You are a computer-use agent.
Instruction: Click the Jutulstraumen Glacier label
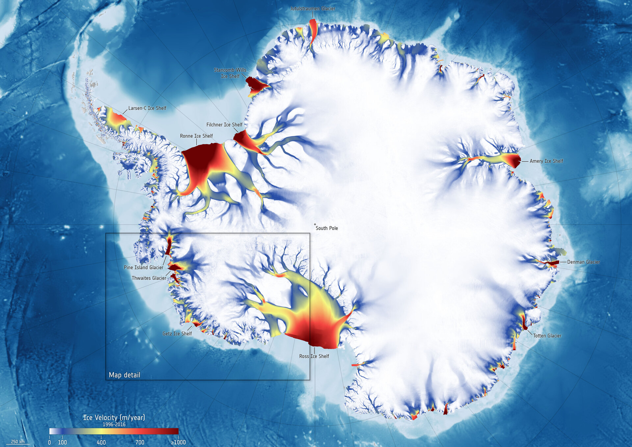tap(312, 9)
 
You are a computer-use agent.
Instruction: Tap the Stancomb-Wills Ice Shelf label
tap(230, 73)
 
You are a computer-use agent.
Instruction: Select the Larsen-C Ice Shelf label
tap(147, 108)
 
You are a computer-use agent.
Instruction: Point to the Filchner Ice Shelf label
tap(224, 125)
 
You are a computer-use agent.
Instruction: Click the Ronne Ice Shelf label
tap(196, 136)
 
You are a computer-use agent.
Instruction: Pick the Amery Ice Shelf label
tap(546, 161)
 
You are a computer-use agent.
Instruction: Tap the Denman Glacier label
tap(583, 262)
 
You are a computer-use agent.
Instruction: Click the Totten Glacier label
tap(547, 336)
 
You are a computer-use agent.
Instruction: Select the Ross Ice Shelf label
tap(314, 356)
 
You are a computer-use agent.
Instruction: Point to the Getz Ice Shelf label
tap(177, 334)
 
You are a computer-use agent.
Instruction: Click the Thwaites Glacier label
tap(149, 278)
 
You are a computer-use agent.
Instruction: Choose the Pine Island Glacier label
tap(144, 268)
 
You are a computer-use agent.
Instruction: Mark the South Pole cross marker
tap(315, 224)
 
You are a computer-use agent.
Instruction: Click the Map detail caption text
tap(124, 375)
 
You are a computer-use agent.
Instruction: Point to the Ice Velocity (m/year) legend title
tap(114, 418)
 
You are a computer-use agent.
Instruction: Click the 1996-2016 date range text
tap(114, 425)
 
